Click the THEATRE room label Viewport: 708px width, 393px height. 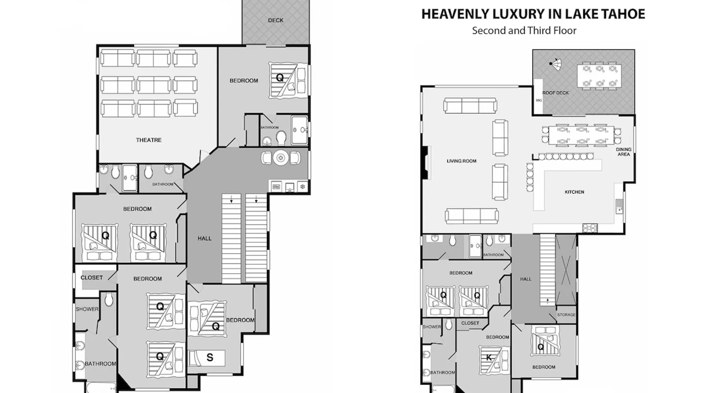(x=149, y=140)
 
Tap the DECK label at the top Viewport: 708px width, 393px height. (x=276, y=20)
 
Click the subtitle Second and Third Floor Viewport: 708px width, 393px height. (x=524, y=31)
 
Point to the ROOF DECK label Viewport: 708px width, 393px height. (x=555, y=93)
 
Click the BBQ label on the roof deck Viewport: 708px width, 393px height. (x=538, y=101)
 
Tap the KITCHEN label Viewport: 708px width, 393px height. (x=574, y=192)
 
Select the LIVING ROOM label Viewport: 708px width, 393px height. (x=461, y=161)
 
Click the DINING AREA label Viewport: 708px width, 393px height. (x=623, y=152)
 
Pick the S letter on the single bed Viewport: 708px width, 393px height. (x=210, y=358)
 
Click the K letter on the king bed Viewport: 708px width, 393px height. (x=489, y=358)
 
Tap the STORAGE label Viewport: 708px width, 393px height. (x=566, y=315)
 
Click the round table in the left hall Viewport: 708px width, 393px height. (x=281, y=158)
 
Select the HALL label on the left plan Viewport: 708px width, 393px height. (x=205, y=239)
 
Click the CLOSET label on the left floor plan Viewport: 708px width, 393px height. (x=92, y=277)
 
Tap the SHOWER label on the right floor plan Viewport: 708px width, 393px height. (x=432, y=327)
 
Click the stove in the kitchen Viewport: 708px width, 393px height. (x=590, y=228)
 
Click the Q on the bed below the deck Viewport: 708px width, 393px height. (x=280, y=78)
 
